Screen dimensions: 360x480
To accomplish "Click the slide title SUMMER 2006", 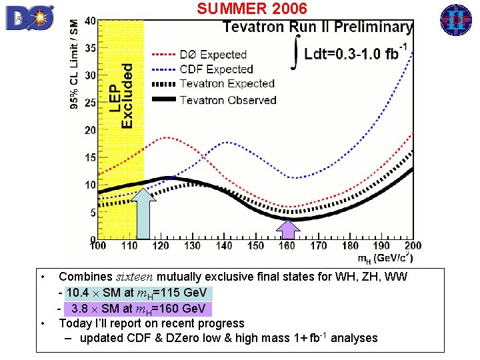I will pos(252,9).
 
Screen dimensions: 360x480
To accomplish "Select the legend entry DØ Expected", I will pos(213,55).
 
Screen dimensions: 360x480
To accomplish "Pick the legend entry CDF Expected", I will pos(217,69).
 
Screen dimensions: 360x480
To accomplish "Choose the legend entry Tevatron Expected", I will pos(227,84).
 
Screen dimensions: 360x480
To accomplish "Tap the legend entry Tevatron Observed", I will pos(228,100).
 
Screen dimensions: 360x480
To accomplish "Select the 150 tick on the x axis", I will pos(257,246).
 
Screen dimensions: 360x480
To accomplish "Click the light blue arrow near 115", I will pos(143,213).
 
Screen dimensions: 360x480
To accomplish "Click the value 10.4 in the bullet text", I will pos(77,293).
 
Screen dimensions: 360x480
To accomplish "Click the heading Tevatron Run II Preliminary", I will pos(317,27).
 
